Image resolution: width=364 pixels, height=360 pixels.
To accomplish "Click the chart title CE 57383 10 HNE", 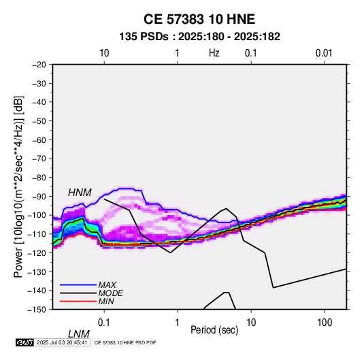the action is (199, 19).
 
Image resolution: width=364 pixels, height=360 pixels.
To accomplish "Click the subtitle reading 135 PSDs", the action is (144, 37).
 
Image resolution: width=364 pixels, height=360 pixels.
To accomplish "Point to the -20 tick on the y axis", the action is (39, 65).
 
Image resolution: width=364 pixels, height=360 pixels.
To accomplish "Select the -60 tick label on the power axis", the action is (39, 140).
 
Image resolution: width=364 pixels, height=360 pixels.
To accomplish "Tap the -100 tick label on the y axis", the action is (37, 215).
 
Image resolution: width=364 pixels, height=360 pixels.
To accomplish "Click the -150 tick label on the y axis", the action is (37, 310).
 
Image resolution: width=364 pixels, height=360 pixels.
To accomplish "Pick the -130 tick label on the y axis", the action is (37, 272).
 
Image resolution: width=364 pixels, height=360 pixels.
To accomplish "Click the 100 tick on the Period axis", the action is (325, 323).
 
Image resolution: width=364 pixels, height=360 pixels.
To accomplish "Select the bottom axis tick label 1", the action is (178, 323).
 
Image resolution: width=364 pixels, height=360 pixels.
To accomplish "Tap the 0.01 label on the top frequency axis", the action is (324, 53).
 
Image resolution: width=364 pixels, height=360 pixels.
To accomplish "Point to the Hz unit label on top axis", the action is (214, 53).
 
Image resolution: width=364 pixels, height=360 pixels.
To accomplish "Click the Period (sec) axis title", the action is (214, 330).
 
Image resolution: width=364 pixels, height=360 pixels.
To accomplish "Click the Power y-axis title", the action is (18, 186).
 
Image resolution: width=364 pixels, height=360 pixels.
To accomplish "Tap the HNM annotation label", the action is (80, 193).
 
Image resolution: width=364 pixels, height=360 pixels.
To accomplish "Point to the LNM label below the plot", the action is (79, 334).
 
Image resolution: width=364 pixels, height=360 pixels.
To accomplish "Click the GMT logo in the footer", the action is (25, 342).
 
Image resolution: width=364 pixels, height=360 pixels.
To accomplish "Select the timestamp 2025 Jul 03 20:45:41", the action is (62, 342).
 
